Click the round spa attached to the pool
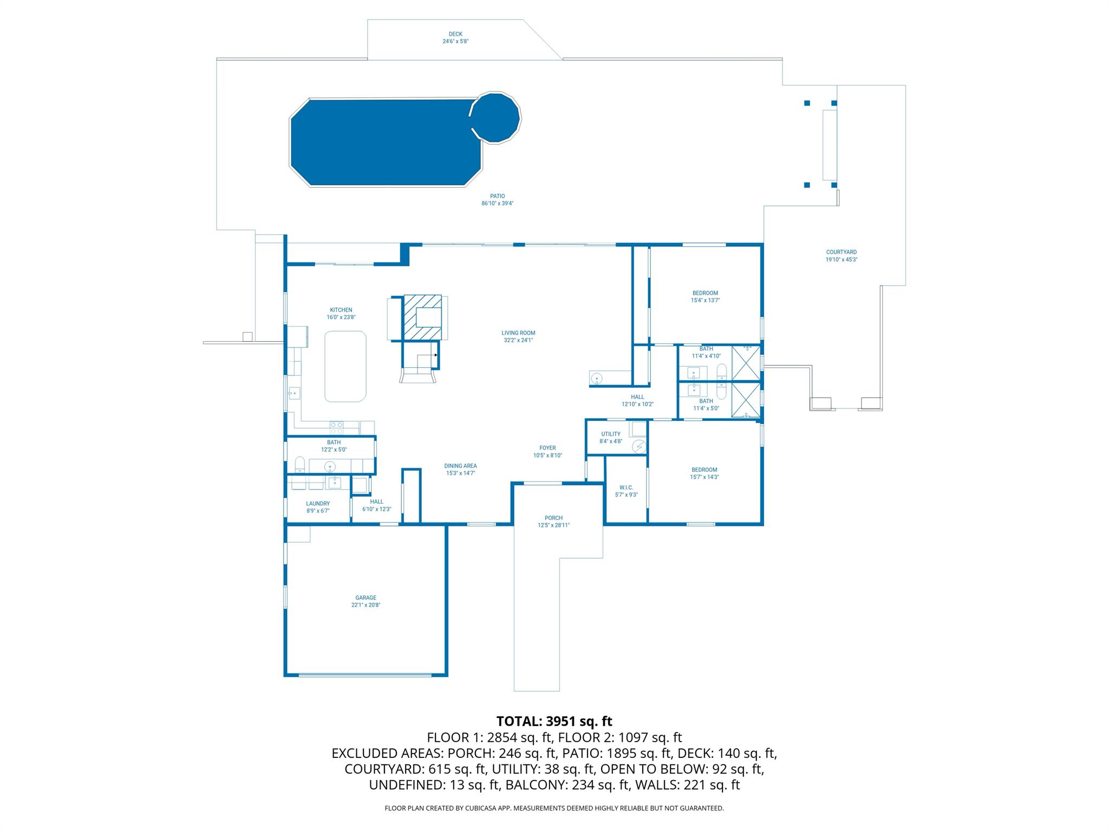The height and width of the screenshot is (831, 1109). [495, 117]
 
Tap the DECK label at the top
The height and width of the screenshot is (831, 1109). [455, 34]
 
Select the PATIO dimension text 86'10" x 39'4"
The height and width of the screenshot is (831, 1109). [497, 203]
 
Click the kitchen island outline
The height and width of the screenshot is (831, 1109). [345, 366]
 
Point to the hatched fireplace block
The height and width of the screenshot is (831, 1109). [422, 317]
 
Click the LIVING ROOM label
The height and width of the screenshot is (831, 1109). [518, 333]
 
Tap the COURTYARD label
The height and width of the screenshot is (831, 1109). [841, 252]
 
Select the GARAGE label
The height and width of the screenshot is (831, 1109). [366, 598]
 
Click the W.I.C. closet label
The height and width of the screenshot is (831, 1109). [626, 487]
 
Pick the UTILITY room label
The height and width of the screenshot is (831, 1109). [610, 434]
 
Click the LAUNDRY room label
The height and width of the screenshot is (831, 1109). [318, 504]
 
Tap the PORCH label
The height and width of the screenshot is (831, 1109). [553, 518]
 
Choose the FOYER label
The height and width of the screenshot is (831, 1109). [547, 448]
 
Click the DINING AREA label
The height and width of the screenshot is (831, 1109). [460, 466]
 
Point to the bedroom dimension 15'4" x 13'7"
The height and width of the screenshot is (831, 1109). [705, 300]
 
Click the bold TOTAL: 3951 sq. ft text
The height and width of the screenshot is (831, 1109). [554, 721]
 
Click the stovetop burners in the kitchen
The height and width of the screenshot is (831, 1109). [336, 428]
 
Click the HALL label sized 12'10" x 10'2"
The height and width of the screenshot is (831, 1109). [637, 397]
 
